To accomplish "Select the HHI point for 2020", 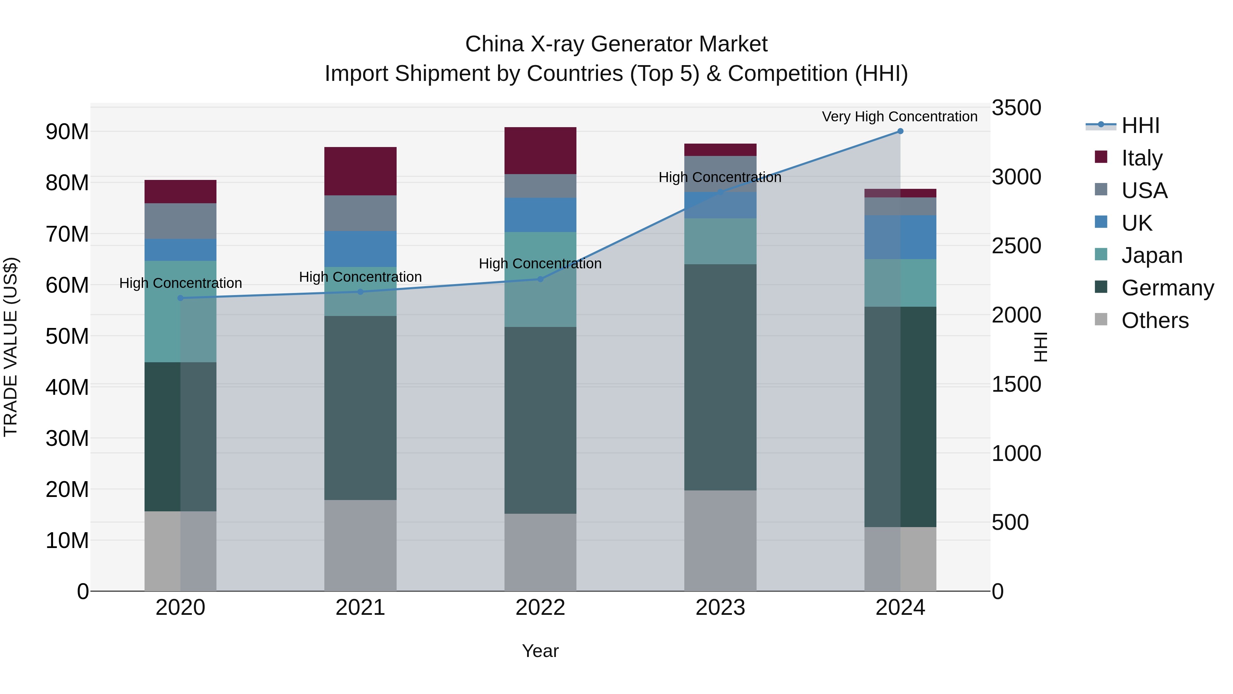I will point(180,298).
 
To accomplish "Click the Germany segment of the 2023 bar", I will point(720,377).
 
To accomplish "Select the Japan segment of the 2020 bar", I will point(180,311).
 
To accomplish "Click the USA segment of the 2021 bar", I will point(360,213).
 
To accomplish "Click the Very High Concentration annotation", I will point(899,117).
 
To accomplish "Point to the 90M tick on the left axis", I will point(67,132).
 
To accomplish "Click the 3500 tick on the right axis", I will point(1016,108).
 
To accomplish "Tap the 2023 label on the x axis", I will point(720,608).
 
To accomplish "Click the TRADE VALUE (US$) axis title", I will point(11,347).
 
